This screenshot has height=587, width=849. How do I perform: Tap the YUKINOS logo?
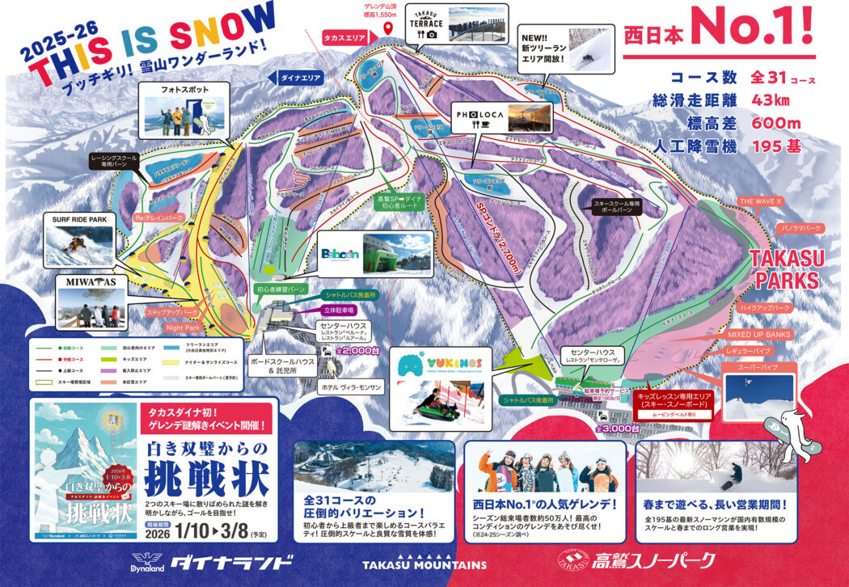pos(428,363)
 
